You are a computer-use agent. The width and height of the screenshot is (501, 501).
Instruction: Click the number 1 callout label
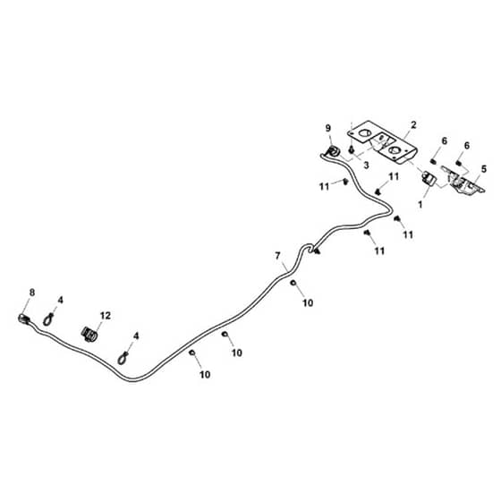click(x=420, y=204)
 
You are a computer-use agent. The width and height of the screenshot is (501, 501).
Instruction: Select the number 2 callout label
click(x=413, y=125)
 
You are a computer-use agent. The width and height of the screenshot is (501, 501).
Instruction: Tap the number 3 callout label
click(x=366, y=166)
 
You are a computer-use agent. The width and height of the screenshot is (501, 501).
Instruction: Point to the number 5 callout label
click(x=484, y=169)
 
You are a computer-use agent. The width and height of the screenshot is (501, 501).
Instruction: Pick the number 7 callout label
click(x=277, y=256)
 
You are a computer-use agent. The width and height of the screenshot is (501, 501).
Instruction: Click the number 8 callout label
click(x=32, y=293)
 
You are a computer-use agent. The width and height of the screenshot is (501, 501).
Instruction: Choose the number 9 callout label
click(x=328, y=129)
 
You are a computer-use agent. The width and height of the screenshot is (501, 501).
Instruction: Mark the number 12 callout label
click(x=106, y=316)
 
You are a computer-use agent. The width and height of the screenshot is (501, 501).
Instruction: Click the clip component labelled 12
click(x=89, y=335)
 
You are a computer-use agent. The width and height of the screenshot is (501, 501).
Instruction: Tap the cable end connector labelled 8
click(x=24, y=318)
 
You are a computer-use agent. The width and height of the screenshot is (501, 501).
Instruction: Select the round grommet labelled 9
click(x=333, y=151)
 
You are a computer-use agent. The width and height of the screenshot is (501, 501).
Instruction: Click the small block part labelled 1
click(x=429, y=178)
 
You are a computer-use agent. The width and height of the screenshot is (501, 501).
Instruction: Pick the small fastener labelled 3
click(x=352, y=149)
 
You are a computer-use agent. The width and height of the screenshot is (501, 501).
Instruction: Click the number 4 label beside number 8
click(x=61, y=300)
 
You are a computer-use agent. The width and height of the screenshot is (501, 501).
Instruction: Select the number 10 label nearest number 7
click(x=308, y=303)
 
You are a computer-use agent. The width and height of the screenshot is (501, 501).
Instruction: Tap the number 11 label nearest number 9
click(x=324, y=187)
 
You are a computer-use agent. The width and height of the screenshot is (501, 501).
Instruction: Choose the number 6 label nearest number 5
click(x=467, y=146)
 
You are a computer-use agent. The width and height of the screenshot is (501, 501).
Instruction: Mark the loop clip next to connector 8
click(x=48, y=319)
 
